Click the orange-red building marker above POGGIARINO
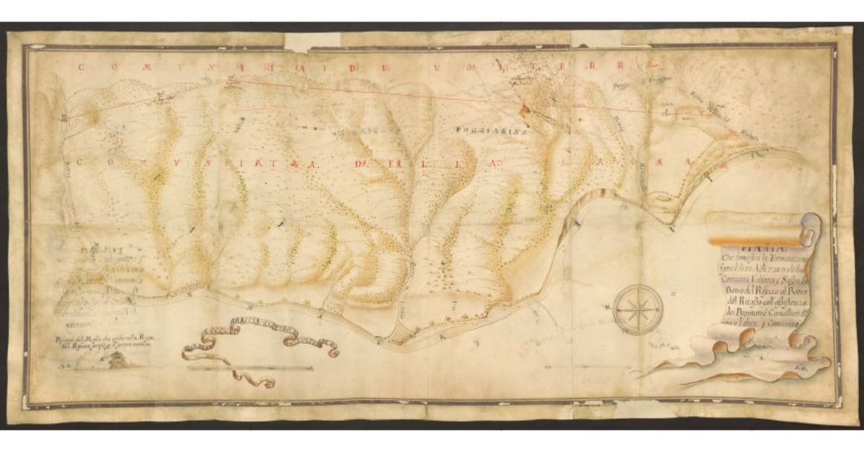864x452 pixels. pyautogui.click(x=524, y=109)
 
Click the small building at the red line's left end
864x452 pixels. pyautogui.click(x=65, y=117)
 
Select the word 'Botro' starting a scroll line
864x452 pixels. pyautogui.click(x=723, y=284)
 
